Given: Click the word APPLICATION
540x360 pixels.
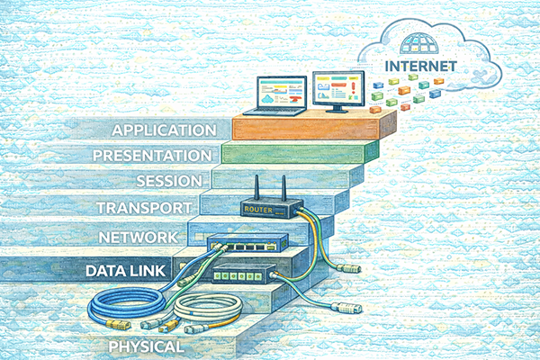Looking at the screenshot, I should [165, 130].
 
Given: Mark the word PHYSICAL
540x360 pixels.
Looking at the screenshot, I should [146, 346].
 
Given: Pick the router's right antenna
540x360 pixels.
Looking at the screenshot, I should [285, 189].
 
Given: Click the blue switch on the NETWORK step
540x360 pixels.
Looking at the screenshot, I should [247, 242].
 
